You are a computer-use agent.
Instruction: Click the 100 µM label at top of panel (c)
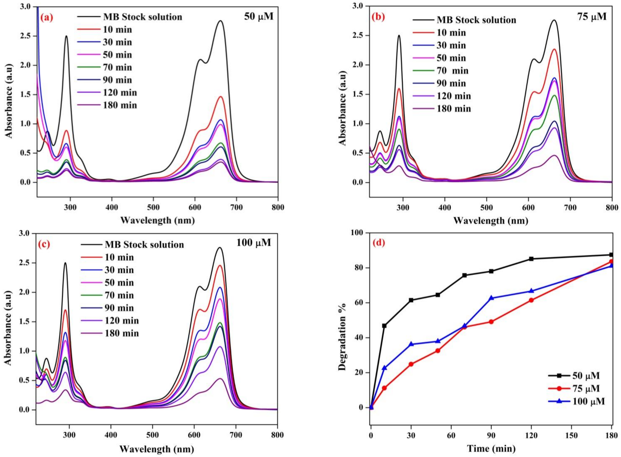pos(253,243)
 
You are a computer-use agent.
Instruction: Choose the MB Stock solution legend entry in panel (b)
pos(476,20)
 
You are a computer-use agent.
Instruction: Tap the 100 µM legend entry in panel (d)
pos(590,401)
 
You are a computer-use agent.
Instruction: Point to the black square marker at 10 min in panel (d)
pos(384,326)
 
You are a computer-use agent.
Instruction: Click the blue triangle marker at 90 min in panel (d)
pos(491,298)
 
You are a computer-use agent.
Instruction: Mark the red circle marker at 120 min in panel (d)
pos(531,300)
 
